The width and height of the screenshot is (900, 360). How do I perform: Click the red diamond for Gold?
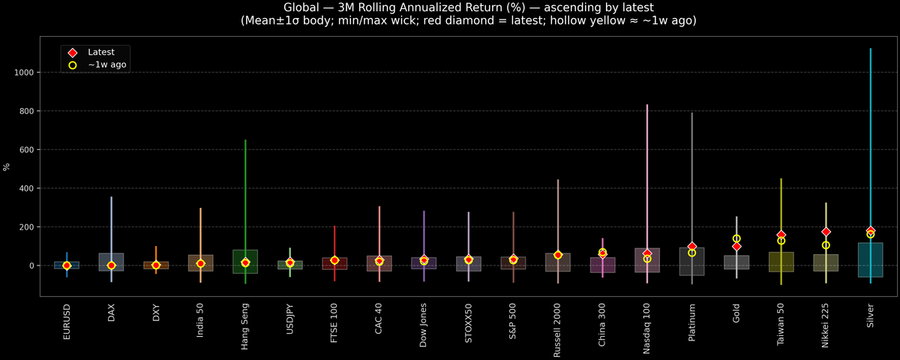point(736,246)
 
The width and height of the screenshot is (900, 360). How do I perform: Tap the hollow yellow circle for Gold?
point(736,238)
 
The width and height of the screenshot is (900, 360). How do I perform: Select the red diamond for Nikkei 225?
point(826,232)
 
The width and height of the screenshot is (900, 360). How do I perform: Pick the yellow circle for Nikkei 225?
point(826,245)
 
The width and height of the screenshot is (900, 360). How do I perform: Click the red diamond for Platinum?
point(691,246)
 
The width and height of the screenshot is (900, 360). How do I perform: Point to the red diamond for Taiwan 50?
point(781,235)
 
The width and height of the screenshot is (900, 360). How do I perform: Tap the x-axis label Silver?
point(870,319)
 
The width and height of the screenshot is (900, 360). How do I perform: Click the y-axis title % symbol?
point(7,166)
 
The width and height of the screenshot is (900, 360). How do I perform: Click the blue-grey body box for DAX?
point(111,259)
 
